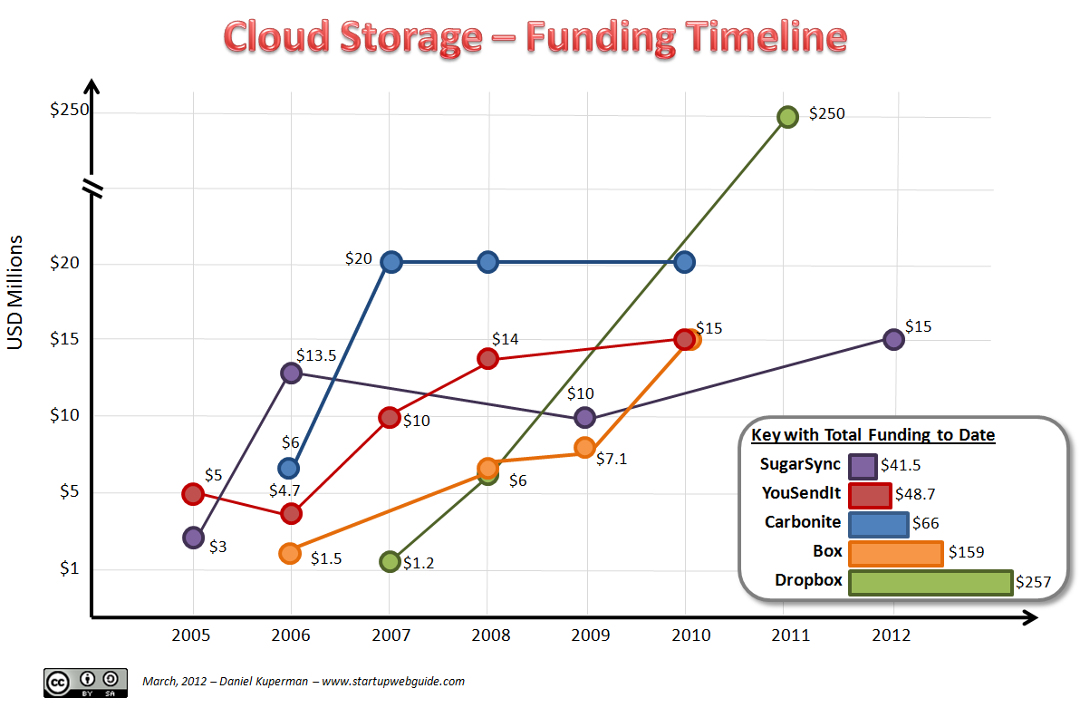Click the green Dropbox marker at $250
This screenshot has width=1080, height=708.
787,116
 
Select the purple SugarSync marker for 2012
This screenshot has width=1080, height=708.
893,339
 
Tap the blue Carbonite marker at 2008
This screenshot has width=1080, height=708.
487,262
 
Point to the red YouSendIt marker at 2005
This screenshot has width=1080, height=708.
193,493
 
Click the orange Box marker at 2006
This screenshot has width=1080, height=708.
290,553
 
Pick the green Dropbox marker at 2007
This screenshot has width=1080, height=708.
390,561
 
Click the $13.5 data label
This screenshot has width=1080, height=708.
316,355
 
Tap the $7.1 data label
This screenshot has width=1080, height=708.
612,459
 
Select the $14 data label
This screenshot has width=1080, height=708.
505,338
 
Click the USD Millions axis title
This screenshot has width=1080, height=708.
15,292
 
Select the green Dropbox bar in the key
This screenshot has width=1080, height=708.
930,583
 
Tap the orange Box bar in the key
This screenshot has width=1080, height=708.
895,553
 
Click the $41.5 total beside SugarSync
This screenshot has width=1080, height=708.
901,466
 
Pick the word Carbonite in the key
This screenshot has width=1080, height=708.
803,522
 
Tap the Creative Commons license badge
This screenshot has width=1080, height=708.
82,682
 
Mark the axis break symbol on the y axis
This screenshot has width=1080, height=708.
92,188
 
